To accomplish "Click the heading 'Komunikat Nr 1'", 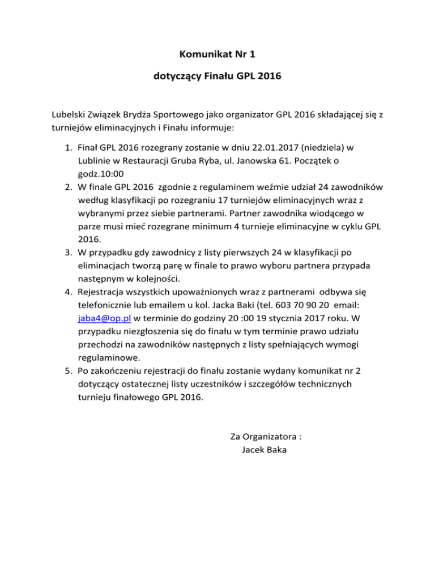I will pos(217,56).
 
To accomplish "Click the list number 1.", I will pos(67,148).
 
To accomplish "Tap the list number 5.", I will pos(67,371).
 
